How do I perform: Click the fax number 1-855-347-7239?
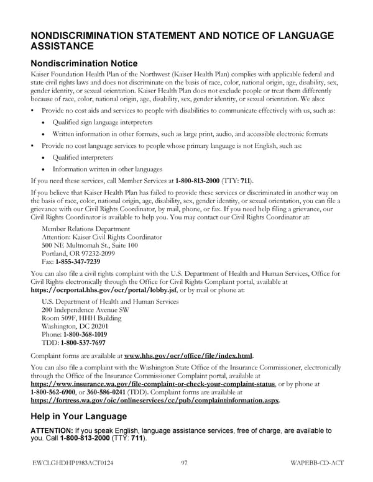(76, 261)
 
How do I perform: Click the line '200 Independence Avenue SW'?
(85, 309)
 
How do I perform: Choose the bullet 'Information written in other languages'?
(107, 168)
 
